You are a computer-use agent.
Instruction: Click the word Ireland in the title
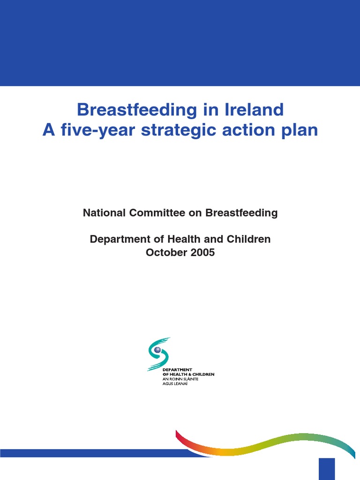click(x=254, y=109)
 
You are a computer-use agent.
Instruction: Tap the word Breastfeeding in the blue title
click(x=137, y=109)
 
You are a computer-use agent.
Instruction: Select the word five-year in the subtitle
click(x=98, y=130)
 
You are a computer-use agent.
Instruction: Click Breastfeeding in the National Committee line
click(x=241, y=213)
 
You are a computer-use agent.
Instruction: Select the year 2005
click(x=202, y=252)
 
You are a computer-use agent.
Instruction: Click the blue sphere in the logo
click(x=157, y=350)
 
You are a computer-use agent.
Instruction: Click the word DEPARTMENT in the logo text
click(x=177, y=370)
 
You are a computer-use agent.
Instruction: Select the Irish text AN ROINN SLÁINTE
click(x=180, y=379)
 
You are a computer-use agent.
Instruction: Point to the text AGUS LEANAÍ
click(x=175, y=383)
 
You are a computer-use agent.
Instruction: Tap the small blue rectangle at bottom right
click(x=327, y=469)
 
